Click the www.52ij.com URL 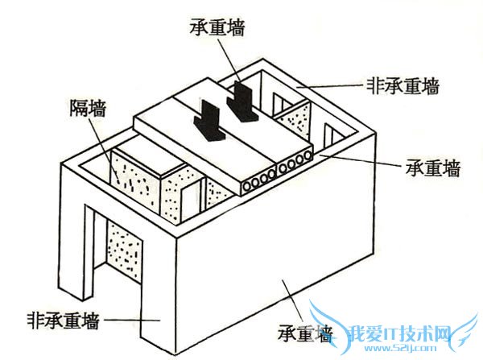(x=398, y=350)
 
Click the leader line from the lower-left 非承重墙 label (x=121, y=320)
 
